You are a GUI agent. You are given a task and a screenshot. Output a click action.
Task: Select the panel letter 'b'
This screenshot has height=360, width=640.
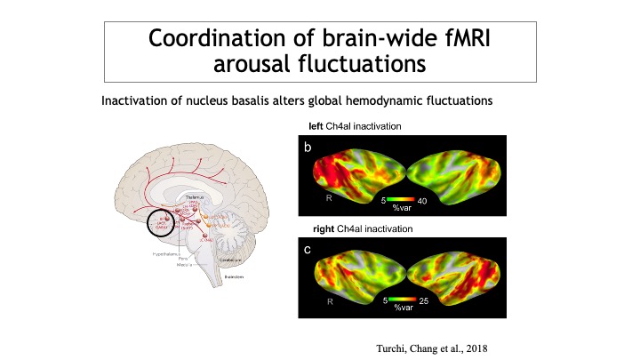(307, 148)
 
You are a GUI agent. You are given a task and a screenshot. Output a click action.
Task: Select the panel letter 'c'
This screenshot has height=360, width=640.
(307, 250)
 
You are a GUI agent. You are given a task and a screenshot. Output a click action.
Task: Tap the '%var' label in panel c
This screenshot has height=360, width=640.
(404, 312)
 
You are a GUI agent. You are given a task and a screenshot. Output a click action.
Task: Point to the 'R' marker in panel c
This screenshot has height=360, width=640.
(330, 303)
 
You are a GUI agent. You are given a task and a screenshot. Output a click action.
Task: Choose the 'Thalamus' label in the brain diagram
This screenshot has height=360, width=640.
(194, 197)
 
